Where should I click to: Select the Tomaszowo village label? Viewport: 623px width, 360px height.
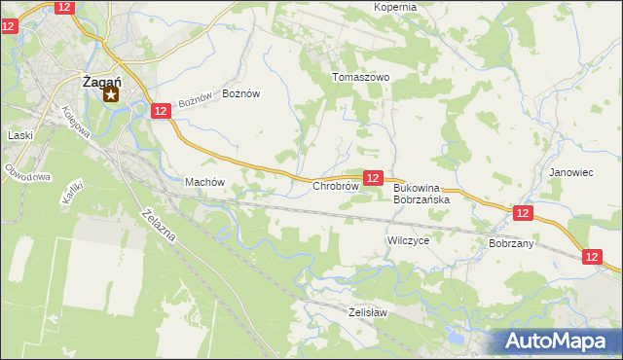pyautogui.click(x=360, y=77)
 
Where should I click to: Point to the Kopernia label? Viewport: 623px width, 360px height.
pyautogui.click(x=395, y=7)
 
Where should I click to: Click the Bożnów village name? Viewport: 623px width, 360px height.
pyautogui.click(x=241, y=93)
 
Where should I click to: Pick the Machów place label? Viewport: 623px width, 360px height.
pyautogui.click(x=204, y=182)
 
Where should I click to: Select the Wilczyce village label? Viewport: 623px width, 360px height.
pyautogui.click(x=408, y=238)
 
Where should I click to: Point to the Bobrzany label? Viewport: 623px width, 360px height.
pyautogui.click(x=511, y=243)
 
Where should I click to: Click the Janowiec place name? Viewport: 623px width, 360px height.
pyautogui.click(x=570, y=172)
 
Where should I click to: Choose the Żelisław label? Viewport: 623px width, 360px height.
pyautogui.click(x=368, y=312)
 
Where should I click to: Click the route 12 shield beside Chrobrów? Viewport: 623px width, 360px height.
pyautogui.click(x=373, y=177)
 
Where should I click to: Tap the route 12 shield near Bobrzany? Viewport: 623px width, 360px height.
pyautogui.click(x=523, y=212)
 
